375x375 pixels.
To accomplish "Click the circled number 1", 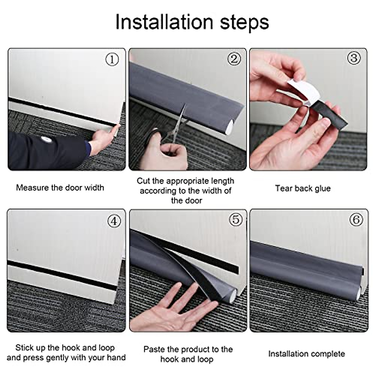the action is click(x=112, y=59).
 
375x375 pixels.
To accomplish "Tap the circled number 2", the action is click(x=234, y=58).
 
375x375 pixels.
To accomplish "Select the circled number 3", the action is click(x=354, y=58).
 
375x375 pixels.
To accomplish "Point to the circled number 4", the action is click(x=114, y=221).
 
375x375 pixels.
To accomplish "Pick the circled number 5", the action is click(x=236, y=220).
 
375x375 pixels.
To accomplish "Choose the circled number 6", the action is click(x=356, y=220).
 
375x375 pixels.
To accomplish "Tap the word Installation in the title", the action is click(x=164, y=22).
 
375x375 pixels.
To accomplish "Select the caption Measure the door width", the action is click(x=60, y=188).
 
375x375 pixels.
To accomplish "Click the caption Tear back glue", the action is click(x=303, y=188).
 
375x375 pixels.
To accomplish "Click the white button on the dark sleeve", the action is click(x=45, y=139).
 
